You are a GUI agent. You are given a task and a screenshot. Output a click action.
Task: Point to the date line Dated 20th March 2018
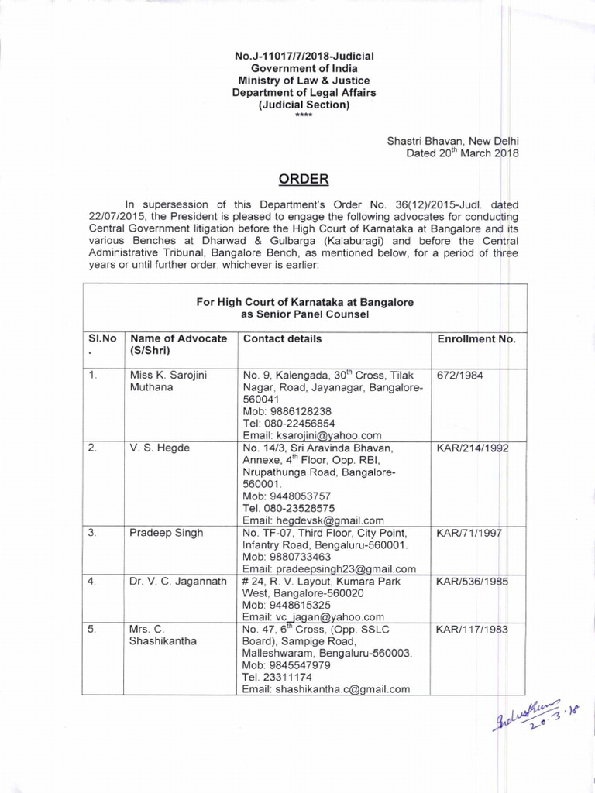tap(462, 153)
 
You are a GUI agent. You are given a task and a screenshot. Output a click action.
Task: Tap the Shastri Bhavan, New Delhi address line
tap(452, 140)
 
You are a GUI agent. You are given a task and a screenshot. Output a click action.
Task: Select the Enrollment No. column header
tap(476, 339)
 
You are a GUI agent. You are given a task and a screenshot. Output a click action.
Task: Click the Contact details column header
tap(283, 339)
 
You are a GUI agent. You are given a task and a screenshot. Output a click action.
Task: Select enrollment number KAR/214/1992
tap(473, 448)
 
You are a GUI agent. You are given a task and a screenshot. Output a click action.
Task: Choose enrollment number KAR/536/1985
tap(473, 581)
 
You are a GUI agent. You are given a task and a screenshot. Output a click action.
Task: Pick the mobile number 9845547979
tap(287, 665)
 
